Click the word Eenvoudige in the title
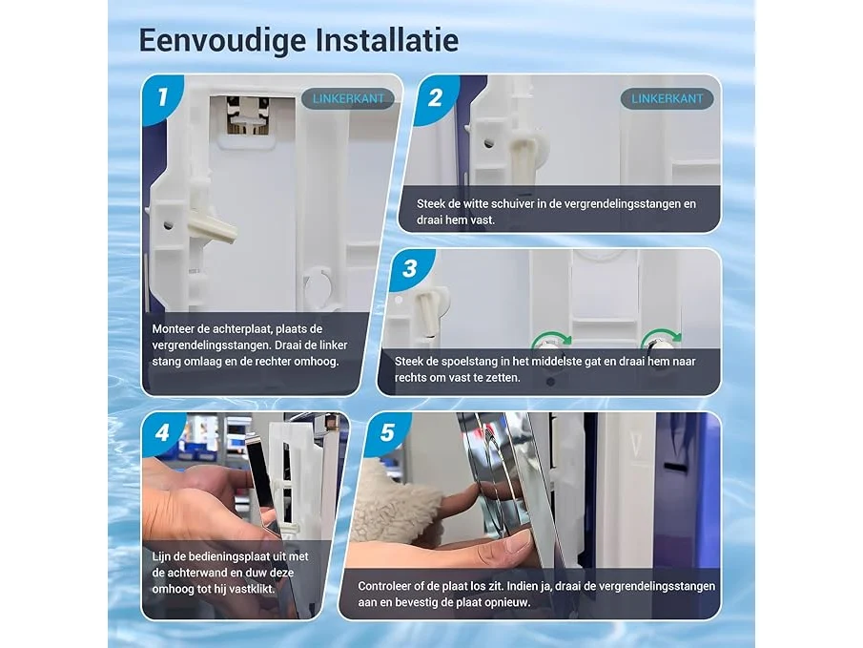pos(222,41)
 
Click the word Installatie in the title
pos(387,40)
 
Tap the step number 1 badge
pos(162,97)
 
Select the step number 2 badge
pos(435,97)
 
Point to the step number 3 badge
pos(409,268)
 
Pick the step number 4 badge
pos(162,432)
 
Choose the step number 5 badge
pos(387,432)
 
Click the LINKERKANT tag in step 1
pos(348,98)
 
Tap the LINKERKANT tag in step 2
pos(667,98)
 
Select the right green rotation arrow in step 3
pos(662,337)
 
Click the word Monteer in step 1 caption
pos(173,329)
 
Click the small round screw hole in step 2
pos(489,144)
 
